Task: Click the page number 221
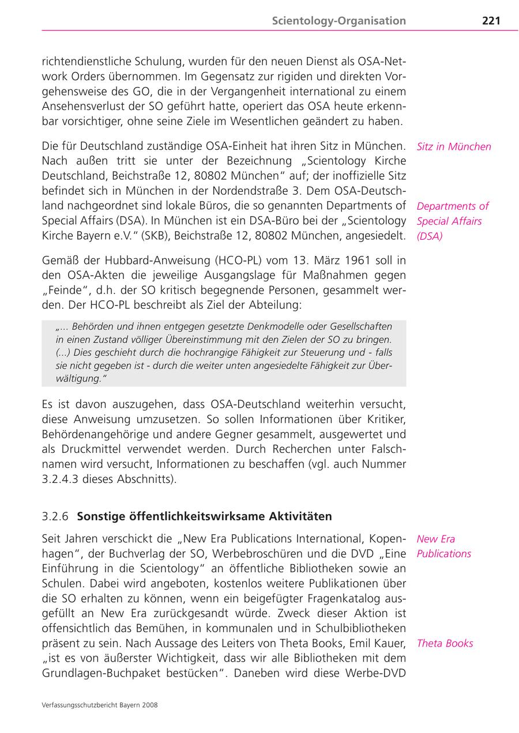tap(491, 21)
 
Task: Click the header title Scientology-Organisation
tap(339, 21)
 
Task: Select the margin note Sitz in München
tap(453, 146)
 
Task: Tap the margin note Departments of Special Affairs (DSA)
tap(452, 221)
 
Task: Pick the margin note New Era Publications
tap(443, 546)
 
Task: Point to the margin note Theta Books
tap(444, 643)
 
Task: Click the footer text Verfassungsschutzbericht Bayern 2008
tap(100, 704)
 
